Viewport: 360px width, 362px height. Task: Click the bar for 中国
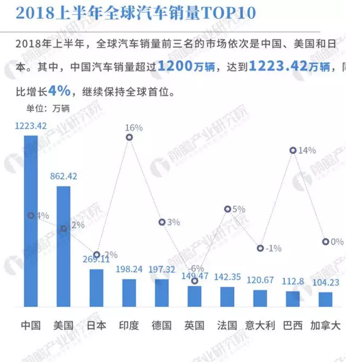click(x=31, y=220)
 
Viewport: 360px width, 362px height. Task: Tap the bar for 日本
click(x=96, y=287)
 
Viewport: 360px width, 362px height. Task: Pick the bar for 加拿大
click(x=325, y=299)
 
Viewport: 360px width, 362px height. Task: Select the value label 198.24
click(x=129, y=270)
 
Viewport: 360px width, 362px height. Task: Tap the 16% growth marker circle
click(x=129, y=137)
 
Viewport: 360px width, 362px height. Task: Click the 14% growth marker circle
click(x=293, y=151)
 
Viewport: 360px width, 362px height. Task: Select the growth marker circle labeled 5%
click(x=227, y=209)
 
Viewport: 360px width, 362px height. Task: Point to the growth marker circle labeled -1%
click(x=260, y=248)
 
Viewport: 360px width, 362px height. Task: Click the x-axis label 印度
click(x=129, y=325)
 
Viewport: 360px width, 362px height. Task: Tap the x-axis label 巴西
click(x=293, y=325)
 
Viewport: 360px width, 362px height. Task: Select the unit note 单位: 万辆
click(x=48, y=108)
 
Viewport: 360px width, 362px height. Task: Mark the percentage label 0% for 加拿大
click(x=337, y=242)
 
